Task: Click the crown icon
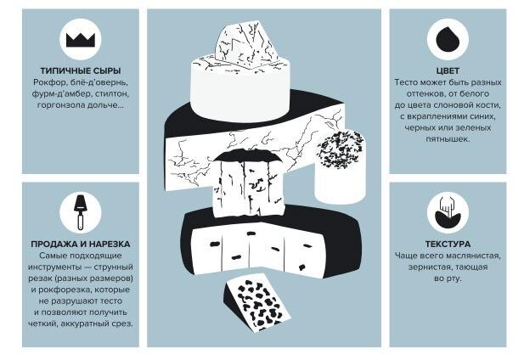click(81, 40)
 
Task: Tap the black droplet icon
click(448, 39)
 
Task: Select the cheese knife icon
click(80, 211)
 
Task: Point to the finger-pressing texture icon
click(448, 212)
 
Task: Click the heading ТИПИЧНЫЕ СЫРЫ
click(81, 70)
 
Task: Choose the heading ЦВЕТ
click(448, 70)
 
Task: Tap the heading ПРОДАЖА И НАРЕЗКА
click(81, 245)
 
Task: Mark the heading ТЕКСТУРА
click(448, 245)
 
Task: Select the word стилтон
click(112, 94)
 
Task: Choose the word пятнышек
click(448, 139)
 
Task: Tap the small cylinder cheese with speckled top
click(340, 166)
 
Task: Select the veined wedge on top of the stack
click(247, 45)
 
